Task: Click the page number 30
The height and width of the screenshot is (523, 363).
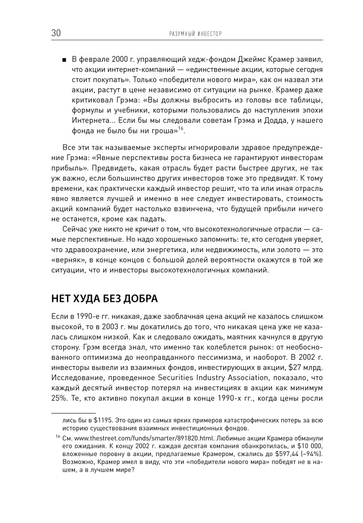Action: coord(57,33)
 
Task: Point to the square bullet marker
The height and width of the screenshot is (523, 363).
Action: coord(64,58)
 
